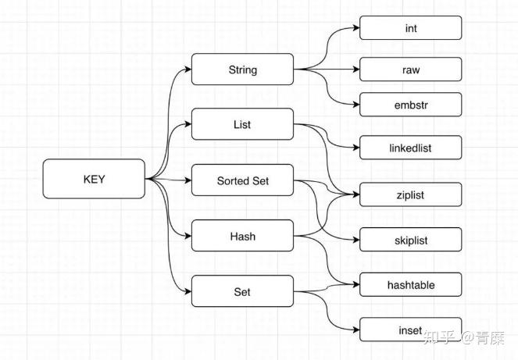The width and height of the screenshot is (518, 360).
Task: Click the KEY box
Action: (x=94, y=179)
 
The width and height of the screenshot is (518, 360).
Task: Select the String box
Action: (x=242, y=70)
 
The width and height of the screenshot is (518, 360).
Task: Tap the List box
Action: (x=242, y=124)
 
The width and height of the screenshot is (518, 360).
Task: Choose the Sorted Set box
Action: (x=242, y=180)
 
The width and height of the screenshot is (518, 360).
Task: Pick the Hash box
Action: (x=242, y=236)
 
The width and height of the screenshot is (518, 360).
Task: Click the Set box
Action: (x=242, y=291)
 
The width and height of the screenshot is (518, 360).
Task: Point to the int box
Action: (x=410, y=28)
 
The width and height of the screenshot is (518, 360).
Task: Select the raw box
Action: (x=410, y=70)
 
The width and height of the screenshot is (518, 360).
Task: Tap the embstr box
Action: (x=410, y=105)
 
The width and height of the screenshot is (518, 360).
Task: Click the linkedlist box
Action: (x=410, y=148)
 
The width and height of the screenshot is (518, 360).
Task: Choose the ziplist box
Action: (x=410, y=194)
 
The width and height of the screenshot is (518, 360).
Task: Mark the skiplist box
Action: (x=410, y=241)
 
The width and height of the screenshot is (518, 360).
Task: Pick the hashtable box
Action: (x=410, y=285)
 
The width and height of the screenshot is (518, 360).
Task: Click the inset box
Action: (x=410, y=330)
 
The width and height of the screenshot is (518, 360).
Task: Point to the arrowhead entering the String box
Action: (x=188, y=70)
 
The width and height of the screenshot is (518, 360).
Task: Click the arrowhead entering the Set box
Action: (x=188, y=291)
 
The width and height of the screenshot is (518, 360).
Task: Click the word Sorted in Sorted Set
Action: (x=232, y=180)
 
